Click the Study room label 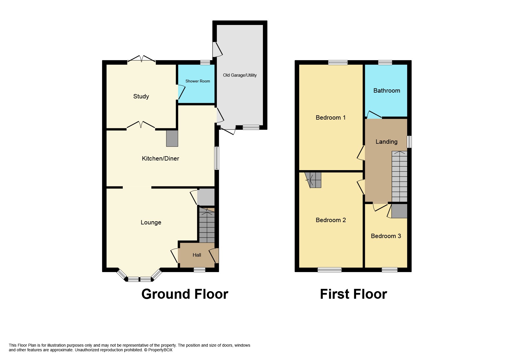(x=141, y=96)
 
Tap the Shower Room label (x=198, y=81)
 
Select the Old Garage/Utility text (x=240, y=75)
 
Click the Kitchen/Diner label (x=160, y=159)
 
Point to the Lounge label (x=151, y=222)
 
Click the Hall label (x=197, y=255)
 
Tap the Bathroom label (x=387, y=91)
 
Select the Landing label (x=386, y=142)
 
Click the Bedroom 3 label (x=386, y=236)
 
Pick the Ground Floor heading (x=185, y=294)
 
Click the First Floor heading (x=353, y=294)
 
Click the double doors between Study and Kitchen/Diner (x=141, y=125)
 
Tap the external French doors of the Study (x=141, y=59)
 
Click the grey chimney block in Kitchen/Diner (x=172, y=138)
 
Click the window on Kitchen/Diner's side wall (x=217, y=158)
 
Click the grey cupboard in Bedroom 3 (x=399, y=211)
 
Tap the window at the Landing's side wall (x=409, y=142)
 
